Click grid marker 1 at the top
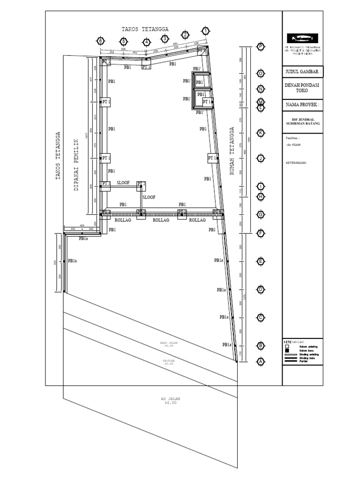pos(205,31)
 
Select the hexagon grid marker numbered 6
pos(99,41)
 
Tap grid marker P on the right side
pos(261,46)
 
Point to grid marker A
pos(261,361)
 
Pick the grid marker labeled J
pos(261,159)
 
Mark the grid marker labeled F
pos(261,232)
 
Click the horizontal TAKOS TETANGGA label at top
pos(145,29)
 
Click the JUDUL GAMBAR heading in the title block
pos(302,72)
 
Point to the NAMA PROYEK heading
pos(302,105)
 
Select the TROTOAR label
pos(169,362)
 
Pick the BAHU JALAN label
pos(169,344)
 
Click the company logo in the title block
pos(302,38)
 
